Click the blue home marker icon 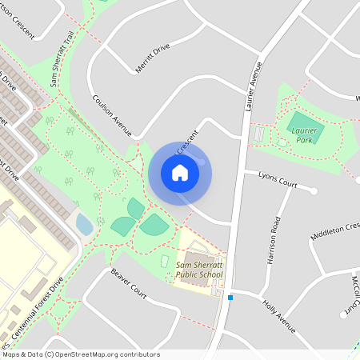[179, 173]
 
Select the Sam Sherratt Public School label [199, 270]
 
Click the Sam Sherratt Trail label [62, 63]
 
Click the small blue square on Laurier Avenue [230, 298]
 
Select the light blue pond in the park [84, 224]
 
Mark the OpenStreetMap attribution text [80, 354]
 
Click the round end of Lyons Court [314, 191]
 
